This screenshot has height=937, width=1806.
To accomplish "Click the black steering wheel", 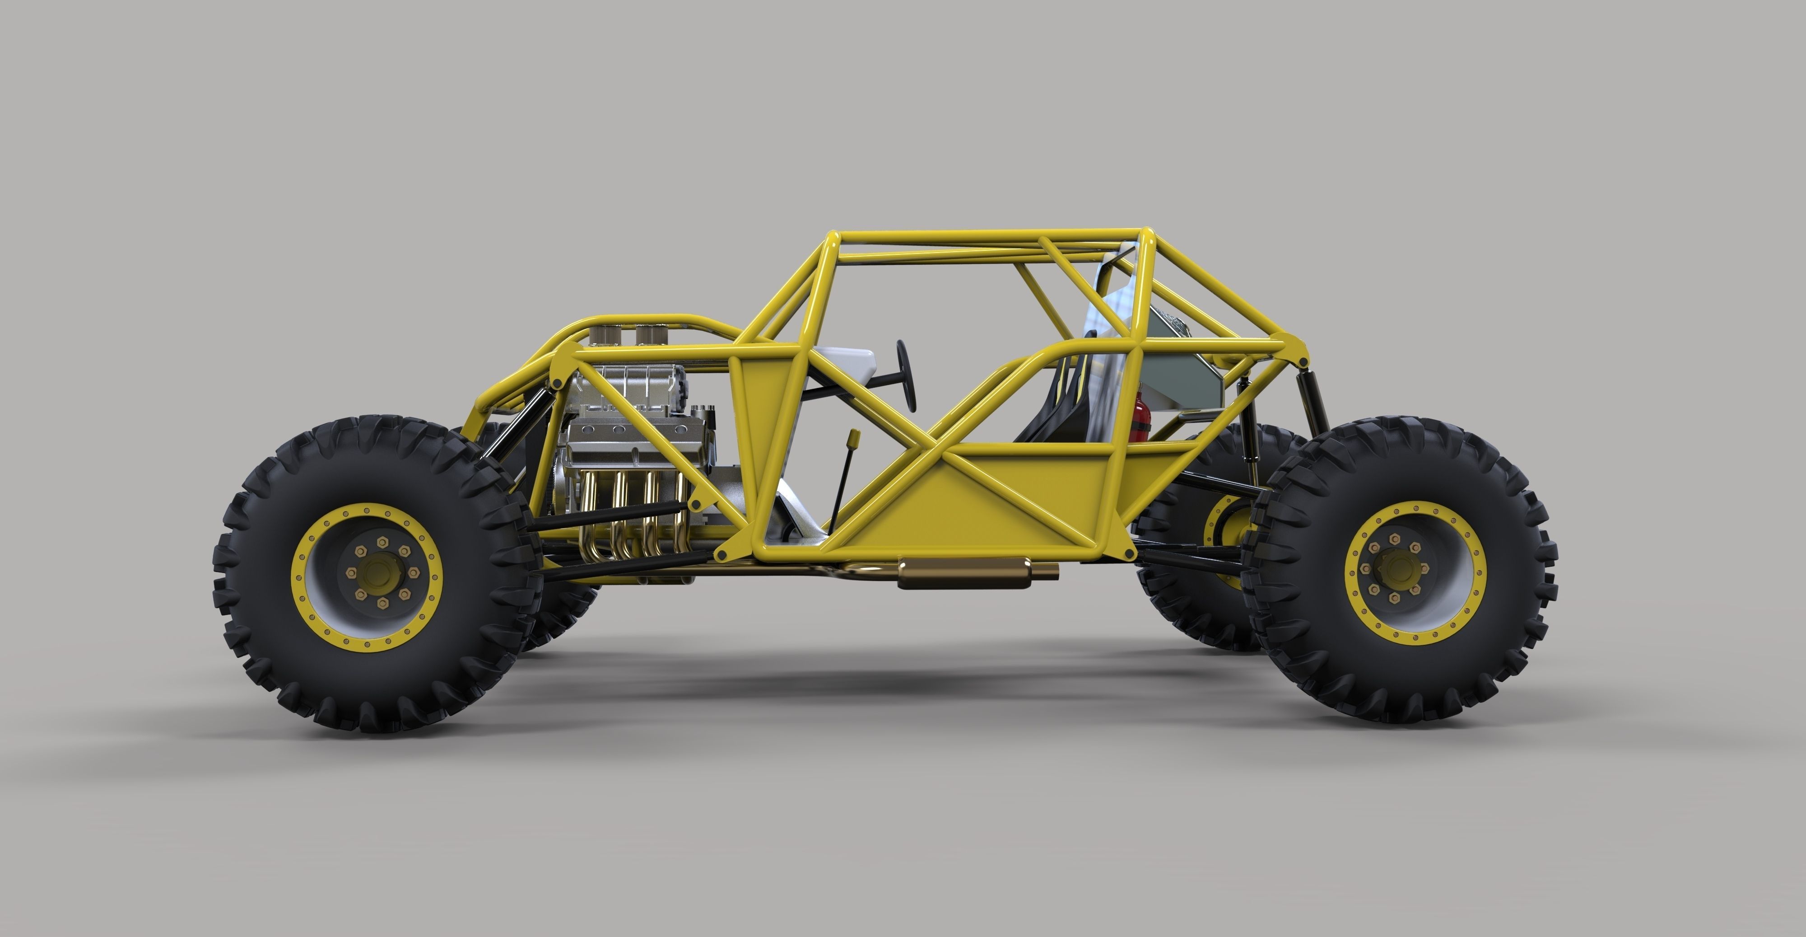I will click(907, 375).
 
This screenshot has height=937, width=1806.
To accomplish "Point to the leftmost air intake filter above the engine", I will click(602, 334).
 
